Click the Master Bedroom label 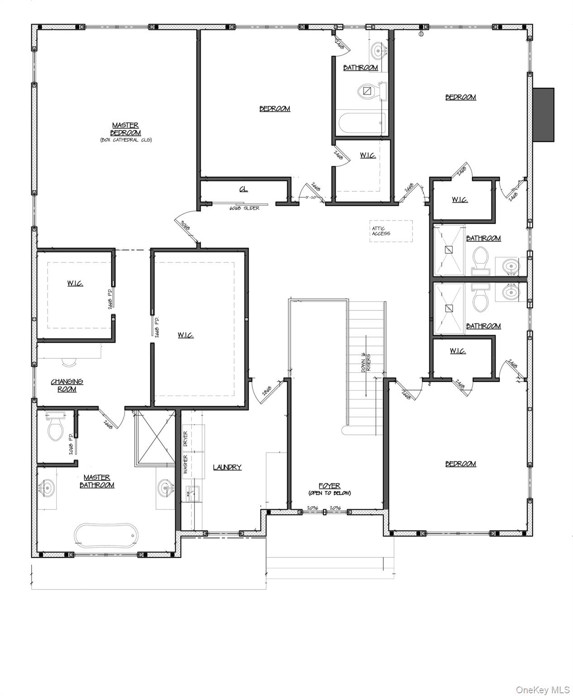[x=125, y=129]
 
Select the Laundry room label [x=227, y=467]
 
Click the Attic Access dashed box [x=390, y=231]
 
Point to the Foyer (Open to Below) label [x=329, y=489]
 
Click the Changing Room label [x=67, y=386]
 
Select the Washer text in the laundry [x=185, y=464]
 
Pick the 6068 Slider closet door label [x=245, y=208]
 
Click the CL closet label [x=244, y=189]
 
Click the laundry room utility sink [x=193, y=493]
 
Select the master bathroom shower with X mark [x=155, y=438]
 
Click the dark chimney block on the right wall [x=543, y=115]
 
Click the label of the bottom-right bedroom [x=460, y=464]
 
